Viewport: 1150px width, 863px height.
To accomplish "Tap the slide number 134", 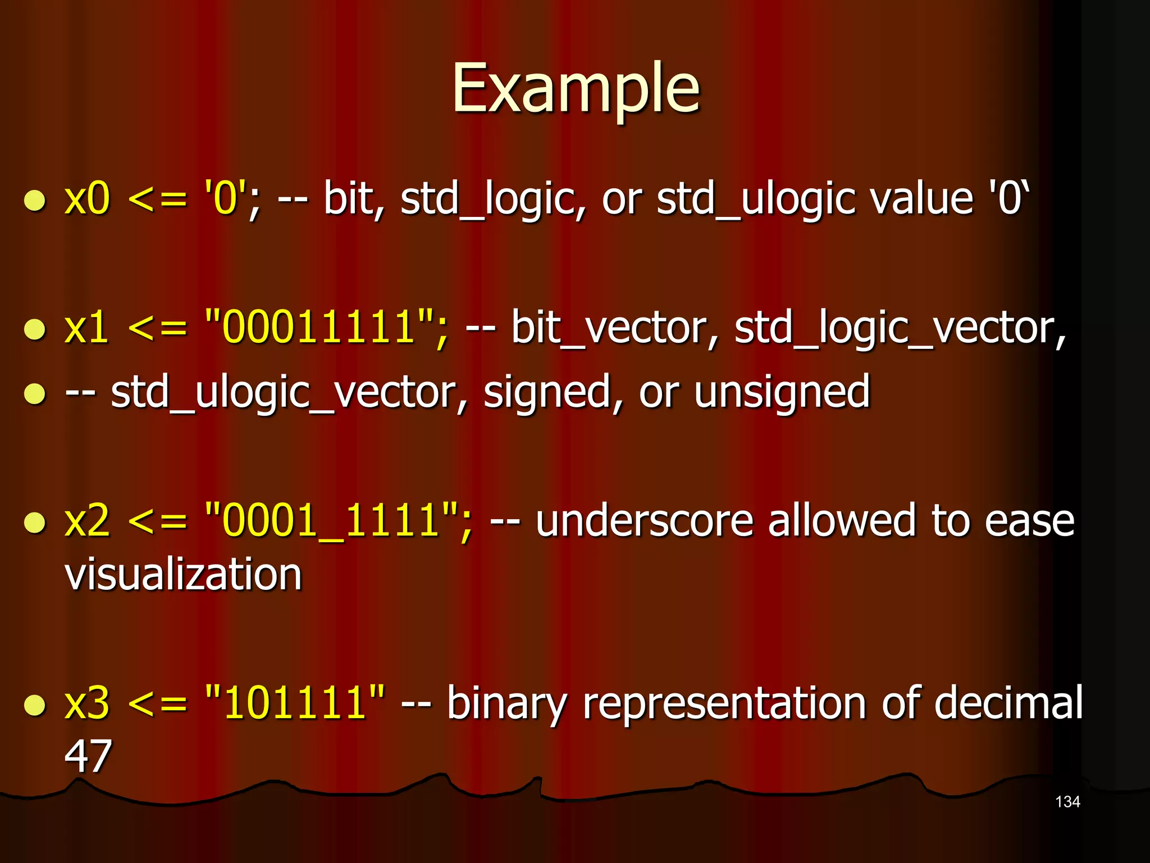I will (1067, 802).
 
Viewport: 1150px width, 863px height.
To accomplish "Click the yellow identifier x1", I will (87, 328).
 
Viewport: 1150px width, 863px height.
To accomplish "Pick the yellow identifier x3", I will (87, 703).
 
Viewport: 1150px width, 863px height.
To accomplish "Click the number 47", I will (88, 756).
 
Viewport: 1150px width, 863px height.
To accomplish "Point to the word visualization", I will (184, 575).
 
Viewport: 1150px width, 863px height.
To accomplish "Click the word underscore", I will (644, 521).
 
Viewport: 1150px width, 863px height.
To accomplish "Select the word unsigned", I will (782, 392).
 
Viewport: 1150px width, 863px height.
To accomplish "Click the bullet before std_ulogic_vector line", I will (35, 394).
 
